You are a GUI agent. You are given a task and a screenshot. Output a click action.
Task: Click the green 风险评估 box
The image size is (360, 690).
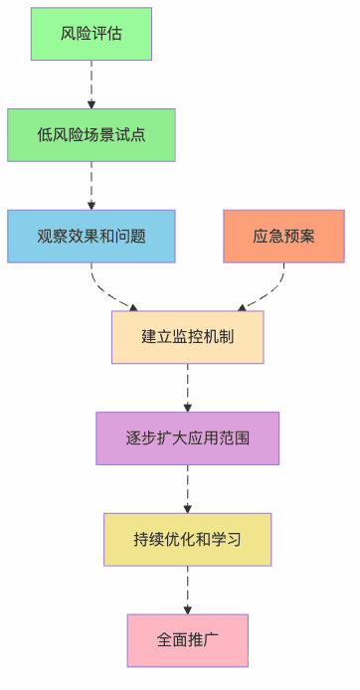tap(91, 34)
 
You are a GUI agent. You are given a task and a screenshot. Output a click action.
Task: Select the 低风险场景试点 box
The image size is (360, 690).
tap(91, 135)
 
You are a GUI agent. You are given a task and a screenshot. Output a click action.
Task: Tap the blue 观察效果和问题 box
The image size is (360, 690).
tap(91, 237)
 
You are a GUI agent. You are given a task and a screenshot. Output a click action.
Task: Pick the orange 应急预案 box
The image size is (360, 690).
tap(283, 237)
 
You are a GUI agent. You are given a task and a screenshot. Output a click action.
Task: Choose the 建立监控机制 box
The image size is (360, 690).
tap(187, 337)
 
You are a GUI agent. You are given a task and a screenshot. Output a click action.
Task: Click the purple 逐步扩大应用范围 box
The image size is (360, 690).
tap(187, 438)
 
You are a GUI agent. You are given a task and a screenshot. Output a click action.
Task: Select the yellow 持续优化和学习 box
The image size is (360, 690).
tap(187, 540)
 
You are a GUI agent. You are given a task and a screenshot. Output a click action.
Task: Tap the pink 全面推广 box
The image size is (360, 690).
tap(187, 640)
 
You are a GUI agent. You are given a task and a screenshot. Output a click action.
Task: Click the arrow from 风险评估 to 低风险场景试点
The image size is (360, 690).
tap(91, 85)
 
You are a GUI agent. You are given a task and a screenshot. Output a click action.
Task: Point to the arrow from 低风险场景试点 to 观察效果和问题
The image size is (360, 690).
tap(91, 186)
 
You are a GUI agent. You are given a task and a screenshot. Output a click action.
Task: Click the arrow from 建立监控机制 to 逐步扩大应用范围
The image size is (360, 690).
tap(187, 388)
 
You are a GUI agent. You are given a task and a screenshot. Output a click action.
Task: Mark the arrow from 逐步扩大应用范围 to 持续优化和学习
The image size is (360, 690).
tap(187, 489)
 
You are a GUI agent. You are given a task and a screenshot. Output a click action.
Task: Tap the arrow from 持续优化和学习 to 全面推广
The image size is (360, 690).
tap(187, 591)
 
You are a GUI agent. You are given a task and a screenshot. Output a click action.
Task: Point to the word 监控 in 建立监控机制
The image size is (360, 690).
tap(187, 337)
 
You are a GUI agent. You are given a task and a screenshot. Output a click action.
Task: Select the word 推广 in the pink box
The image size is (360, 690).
tap(202, 640)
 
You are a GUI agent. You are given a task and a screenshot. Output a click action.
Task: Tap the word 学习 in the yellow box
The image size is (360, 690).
tap(225, 540)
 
